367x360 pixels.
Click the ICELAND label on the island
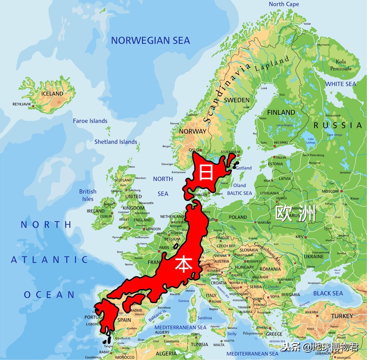coord(52,94)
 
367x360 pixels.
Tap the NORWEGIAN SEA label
coord(150,40)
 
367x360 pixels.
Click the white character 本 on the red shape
coord(182,264)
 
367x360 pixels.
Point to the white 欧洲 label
coord(296,214)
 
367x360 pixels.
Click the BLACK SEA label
coord(328,293)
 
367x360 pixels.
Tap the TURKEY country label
coord(342,316)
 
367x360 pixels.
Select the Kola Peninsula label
coord(341,65)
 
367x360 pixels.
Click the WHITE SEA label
coord(341,84)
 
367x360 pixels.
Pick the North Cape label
coord(284,4)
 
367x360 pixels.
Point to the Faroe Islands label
coord(90,121)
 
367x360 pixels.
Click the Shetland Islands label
coord(116,142)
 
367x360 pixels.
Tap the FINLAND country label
coord(281,112)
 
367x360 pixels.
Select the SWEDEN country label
coord(237,100)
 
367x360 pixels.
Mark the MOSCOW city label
coord(330,192)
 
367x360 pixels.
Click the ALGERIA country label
coord(166,353)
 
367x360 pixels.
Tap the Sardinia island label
coord(204,318)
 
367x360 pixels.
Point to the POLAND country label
coord(238,217)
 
